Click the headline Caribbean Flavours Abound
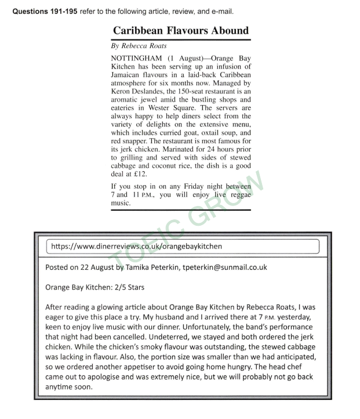point(180,31)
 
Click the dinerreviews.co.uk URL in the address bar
point(137,246)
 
